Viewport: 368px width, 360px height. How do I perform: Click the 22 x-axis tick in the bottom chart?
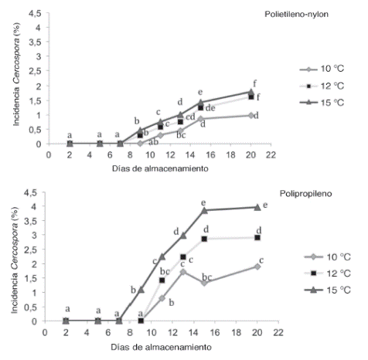coord(279,331)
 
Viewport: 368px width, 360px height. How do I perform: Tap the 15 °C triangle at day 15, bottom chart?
coord(205,210)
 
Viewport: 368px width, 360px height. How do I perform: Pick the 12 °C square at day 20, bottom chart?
coord(257,237)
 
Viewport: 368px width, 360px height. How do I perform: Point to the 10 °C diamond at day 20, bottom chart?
coord(257,266)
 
